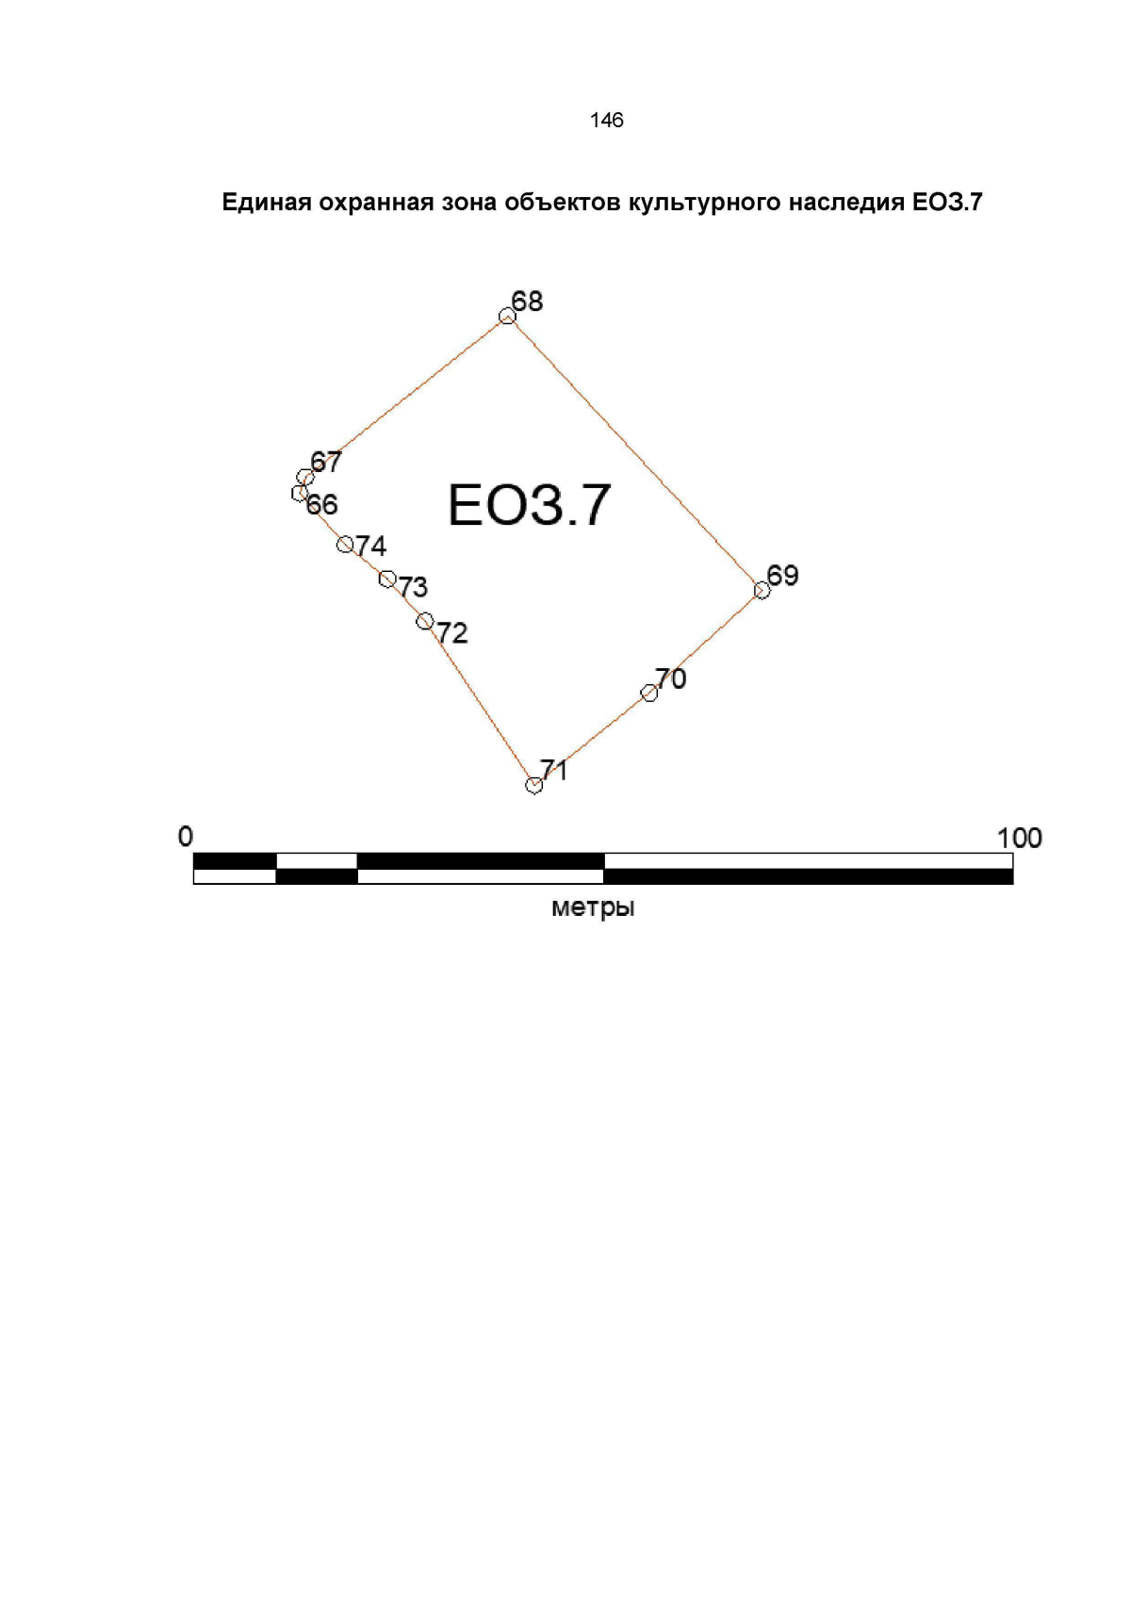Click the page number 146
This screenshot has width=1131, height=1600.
point(607,120)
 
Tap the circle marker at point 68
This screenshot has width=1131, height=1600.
point(506,317)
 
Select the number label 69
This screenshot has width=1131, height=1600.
point(782,575)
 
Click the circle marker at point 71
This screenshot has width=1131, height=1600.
point(533,785)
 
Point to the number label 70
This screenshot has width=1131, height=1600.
point(671,678)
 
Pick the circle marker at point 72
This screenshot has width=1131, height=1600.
point(424,621)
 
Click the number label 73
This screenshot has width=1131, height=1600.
point(413,587)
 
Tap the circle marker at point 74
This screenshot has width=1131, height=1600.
point(344,545)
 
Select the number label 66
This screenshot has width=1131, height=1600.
point(321,505)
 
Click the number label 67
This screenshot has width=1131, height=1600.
point(326,462)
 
